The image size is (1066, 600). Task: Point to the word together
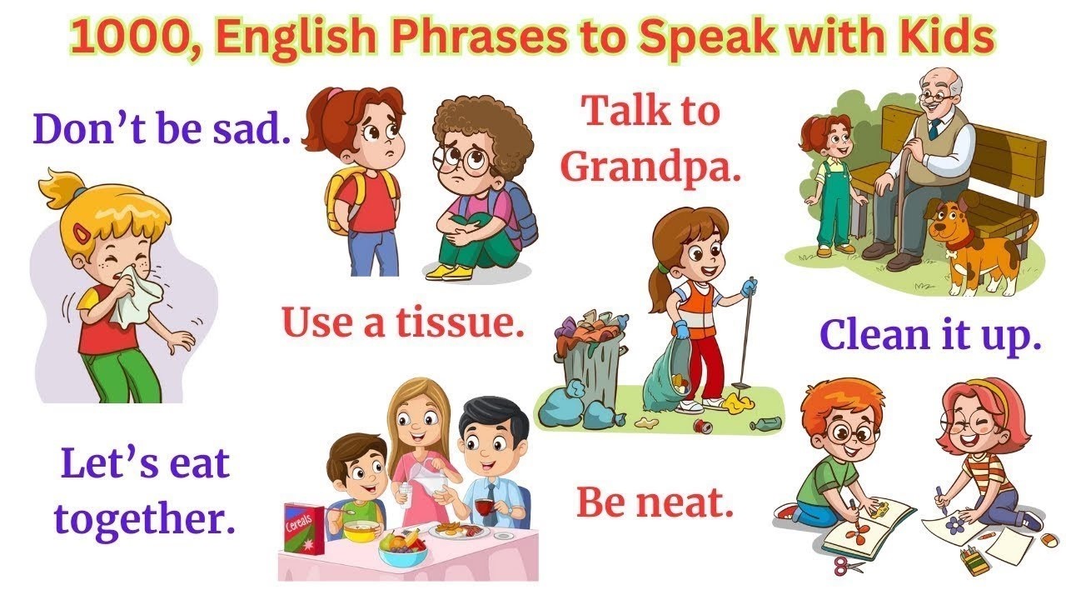pos(144,517)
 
